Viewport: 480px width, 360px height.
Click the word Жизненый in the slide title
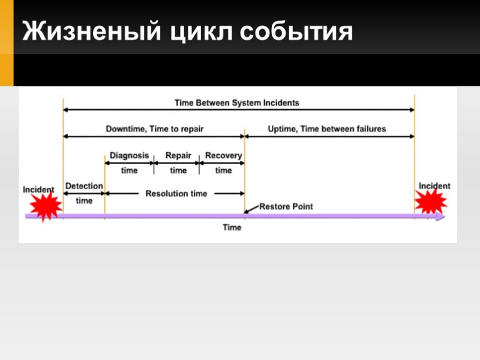pos(89,32)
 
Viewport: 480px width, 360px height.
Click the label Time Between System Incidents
pos(236,103)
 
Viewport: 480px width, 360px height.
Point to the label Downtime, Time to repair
pos(155,128)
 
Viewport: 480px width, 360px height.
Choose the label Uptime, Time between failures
pos(326,128)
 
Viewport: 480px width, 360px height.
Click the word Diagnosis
pos(129,155)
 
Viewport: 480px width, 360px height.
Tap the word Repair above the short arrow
pos(178,155)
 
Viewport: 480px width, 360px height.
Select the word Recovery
pos(223,155)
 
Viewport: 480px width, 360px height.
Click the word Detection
pos(84,186)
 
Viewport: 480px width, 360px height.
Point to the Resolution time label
pos(176,193)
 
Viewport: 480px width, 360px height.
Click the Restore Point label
pos(286,206)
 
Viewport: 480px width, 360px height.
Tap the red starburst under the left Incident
pos(45,207)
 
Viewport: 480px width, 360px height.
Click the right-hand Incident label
pos(434,186)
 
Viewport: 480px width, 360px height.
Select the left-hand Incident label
pos(38,190)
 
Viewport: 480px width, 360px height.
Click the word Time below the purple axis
pos(232,227)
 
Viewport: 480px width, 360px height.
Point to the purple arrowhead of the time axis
pos(441,217)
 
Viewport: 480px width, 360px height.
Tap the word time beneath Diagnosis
pos(129,170)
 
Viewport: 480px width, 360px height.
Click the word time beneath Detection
pos(84,200)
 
